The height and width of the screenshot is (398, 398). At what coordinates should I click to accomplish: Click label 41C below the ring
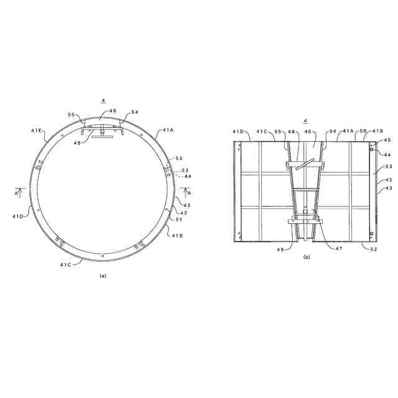point(65,265)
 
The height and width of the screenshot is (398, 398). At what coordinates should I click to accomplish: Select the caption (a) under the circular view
point(103,275)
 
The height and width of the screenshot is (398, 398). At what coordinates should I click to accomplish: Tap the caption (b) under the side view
point(307,257)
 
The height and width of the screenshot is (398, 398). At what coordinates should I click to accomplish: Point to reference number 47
point(338,248)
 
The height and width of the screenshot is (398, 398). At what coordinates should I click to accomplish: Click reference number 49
point(280,249)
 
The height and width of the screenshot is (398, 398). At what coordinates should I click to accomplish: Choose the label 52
point(373,249)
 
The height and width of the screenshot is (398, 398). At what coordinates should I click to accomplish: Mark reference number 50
point(363,131)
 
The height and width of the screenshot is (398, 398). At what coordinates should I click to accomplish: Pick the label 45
point(387,140)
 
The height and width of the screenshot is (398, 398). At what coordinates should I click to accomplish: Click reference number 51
point(179,220)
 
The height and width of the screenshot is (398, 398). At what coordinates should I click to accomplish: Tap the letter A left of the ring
point(16,193)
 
